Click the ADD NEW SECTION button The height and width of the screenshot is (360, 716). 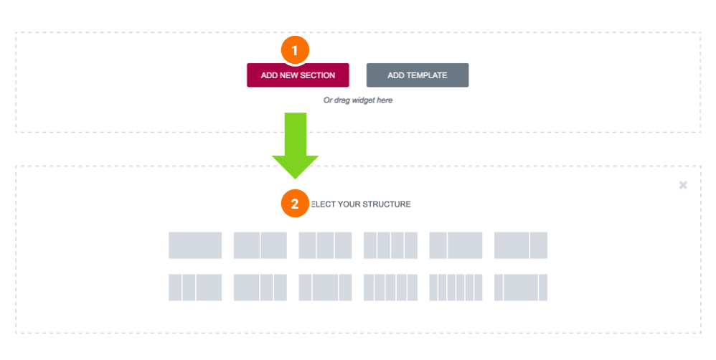tap(298, 75)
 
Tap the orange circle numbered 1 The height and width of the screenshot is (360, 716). tap(295, 49)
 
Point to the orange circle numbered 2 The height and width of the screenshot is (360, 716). tap(295, 204)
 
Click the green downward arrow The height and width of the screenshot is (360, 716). tap(295, 146)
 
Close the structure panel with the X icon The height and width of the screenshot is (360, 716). tap(683, 185)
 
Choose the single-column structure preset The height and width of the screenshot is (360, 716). tap(195, 245)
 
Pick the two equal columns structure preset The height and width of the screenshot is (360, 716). tap(260, 245)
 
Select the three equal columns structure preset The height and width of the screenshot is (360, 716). tap(325, 245)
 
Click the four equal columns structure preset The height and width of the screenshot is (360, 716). tap(390, 245)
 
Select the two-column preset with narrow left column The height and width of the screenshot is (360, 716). tap(456, 245)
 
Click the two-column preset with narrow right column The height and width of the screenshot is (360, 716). tap(521, 245)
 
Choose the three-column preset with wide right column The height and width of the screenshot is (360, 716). tap(195, 288)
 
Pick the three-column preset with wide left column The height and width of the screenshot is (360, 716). tap(260, 288)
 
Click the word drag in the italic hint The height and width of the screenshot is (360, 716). tap(341, 100)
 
